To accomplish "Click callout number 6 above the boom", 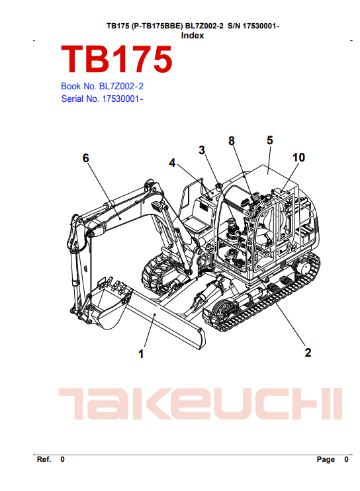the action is pyautogui.click(x=86, y=158).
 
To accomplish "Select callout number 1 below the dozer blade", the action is pyautogui.click(x=141, y=354).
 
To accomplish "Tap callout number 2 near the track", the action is pyautogui.click(x=308, y=353).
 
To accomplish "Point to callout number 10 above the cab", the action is pyautogui.click(x=298, y=157).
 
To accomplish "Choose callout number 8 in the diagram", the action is pyautogui.click(x=232, y=141).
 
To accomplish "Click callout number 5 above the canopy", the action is pyautogui.click(x=270, y=140).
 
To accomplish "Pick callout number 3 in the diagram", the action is pyautogui.click(x=202, y=150).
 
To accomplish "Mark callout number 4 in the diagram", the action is pyautogui.click(x=172, y=163).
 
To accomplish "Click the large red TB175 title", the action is pyautogui.click(x=116, y=59).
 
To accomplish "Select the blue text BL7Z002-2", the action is pyautogui.click(x=121, y=86).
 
